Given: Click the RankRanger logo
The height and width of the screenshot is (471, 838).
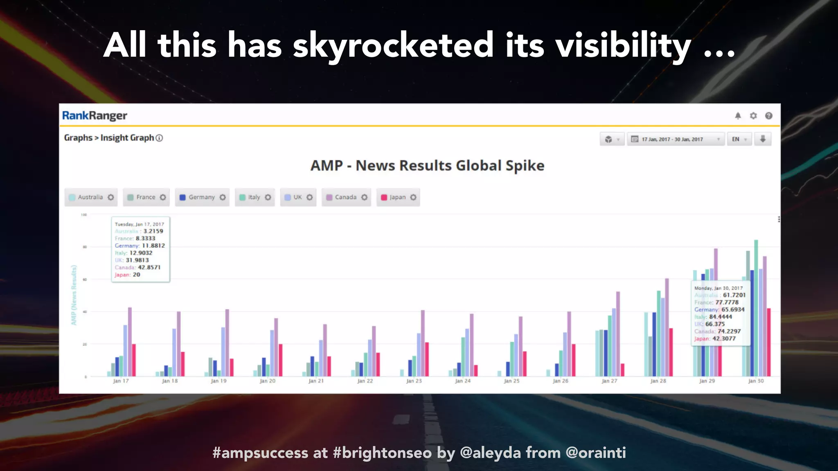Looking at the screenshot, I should click(95, 116).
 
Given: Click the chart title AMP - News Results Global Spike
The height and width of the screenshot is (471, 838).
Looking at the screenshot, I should click(427, 166).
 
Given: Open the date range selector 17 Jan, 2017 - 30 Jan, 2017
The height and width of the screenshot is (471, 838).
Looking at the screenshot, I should click(676, 139).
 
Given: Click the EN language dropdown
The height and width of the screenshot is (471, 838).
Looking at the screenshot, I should click(739, 139).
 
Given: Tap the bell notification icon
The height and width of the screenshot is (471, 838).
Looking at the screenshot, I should click(738, 116).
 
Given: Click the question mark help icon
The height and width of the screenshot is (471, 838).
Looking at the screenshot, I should click(769, 116).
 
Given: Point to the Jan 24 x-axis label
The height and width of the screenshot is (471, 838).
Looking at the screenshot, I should click(463, 381).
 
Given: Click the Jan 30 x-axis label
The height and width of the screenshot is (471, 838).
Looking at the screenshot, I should click(756, 381).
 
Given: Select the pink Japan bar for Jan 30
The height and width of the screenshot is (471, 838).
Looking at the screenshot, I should click(768, 343).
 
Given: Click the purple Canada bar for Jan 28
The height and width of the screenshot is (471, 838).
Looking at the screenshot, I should click(667, 327).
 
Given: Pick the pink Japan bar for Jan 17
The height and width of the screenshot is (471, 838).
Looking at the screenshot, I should click(134, 360).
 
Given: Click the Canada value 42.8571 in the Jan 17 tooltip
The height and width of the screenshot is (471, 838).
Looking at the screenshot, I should click(149, 267).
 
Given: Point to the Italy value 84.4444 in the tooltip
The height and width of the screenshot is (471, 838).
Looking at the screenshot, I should click(721, 317).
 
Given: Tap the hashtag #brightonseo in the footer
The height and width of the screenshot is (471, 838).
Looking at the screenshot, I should click(382, 453).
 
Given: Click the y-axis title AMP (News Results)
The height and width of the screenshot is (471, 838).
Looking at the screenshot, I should click(74, 295).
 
